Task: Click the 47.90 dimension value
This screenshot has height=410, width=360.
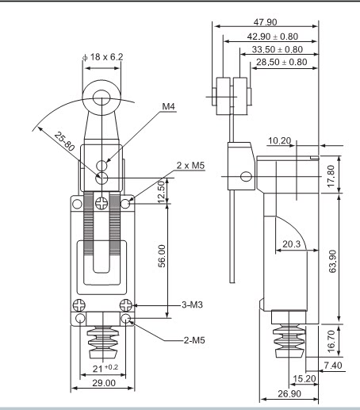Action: (265, 22)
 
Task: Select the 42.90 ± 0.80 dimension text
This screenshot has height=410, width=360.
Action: (273, 36)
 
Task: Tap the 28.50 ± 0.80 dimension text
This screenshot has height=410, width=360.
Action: (281, 62)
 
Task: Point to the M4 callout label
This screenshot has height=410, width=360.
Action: (168, 106)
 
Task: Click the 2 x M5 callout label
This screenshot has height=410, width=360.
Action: (190, 166)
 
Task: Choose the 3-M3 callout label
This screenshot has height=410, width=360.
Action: (192, 305)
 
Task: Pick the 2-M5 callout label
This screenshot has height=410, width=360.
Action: (194, 340)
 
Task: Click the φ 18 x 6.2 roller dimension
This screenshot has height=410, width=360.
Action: (103, 57)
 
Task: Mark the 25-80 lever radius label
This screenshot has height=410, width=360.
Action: (64, 142)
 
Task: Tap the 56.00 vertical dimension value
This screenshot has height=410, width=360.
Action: (162, 256)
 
